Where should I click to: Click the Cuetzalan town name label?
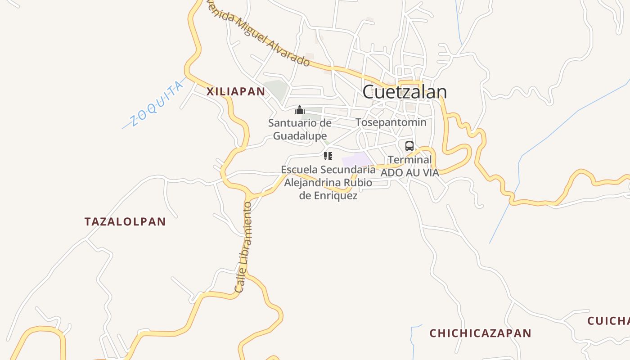coord(404,92)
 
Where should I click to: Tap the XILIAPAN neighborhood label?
coord(235,92)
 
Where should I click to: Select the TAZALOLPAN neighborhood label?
coord(125,221)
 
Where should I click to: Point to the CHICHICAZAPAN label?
coord(480,333)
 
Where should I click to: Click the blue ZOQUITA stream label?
coord(157,104)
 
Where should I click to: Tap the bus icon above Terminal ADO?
coord(409,146)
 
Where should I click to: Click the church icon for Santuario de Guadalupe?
coord(300,110)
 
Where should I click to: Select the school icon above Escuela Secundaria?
coord(328,156)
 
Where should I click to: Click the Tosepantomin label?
coord(391,122)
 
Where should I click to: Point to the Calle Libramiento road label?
coord(243,247)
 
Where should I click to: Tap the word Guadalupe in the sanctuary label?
coord(300,135)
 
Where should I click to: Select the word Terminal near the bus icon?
coord(409,160)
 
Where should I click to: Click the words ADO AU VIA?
coord(409,172)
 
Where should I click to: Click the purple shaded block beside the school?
coord(356,160)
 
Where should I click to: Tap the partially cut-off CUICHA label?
coord(608,321)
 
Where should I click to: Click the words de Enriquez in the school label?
coord(328,196)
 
